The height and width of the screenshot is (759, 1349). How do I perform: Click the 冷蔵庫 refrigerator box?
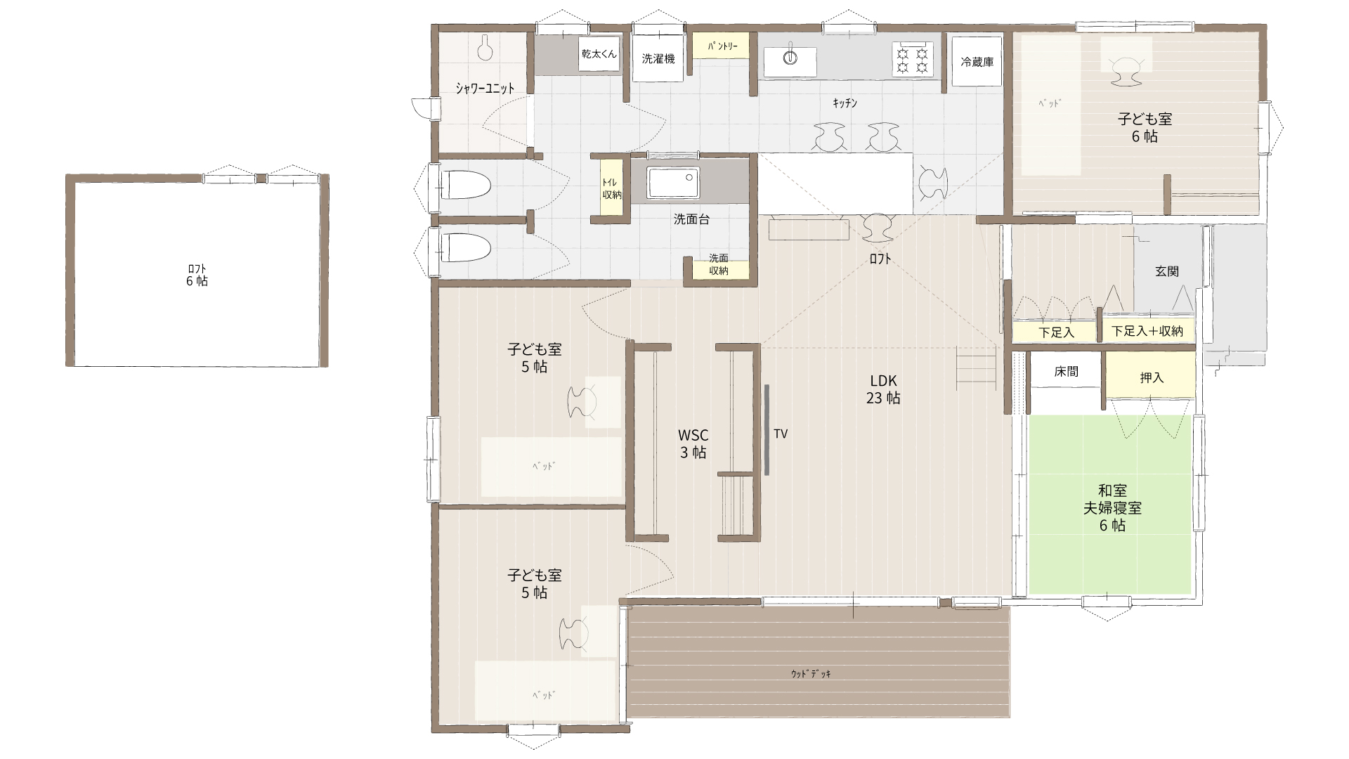click(977, 61)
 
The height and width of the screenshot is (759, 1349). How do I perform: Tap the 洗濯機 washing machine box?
click(658, 58)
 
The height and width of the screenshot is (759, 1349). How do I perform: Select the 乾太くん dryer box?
click(599, 53)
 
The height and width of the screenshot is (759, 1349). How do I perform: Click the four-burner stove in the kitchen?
click(912, 59)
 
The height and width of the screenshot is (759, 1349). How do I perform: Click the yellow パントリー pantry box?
click(722, 46)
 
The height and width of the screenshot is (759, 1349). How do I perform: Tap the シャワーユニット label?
click(485, 89)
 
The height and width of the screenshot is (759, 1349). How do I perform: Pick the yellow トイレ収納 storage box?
click(611, 188)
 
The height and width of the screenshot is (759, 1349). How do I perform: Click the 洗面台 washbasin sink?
click(673, 183)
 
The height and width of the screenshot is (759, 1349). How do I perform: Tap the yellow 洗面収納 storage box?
click(718, 264)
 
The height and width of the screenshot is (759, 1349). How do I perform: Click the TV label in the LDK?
click(781, 434)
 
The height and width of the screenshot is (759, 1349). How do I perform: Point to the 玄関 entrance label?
click(1167, 271)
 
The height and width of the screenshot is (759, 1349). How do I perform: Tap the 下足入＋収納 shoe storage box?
click(1147, 331)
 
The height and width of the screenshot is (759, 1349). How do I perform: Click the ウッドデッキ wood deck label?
click(811, 674)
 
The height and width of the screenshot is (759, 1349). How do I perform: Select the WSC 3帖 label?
click(693, 443)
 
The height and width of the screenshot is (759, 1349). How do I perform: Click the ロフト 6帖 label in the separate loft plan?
click(197, 275)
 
